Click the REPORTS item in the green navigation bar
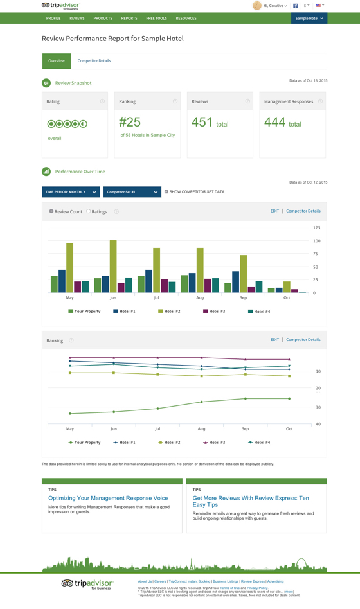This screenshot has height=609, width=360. [129, 19]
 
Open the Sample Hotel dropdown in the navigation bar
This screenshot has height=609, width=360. [309, 19]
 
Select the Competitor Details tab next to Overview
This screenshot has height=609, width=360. [94, 61]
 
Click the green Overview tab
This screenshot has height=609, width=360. [57, 61]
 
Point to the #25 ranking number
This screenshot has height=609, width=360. [130, 121]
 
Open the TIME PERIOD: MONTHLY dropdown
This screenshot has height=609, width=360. [71, 192]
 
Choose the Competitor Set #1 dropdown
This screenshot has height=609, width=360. [132, 192]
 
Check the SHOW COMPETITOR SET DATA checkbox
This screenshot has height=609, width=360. [166, 192]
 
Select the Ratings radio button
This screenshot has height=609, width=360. [89, 211]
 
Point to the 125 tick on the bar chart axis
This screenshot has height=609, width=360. [316, 228]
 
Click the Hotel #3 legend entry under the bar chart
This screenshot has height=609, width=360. [215, 312]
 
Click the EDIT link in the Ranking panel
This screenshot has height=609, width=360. [274, 340]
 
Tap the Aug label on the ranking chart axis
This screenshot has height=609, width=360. [201, 428]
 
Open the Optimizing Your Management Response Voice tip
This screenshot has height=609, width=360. [108, 498]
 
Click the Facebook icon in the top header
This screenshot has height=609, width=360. [296, 6]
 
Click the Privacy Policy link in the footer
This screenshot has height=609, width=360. [257, 588]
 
